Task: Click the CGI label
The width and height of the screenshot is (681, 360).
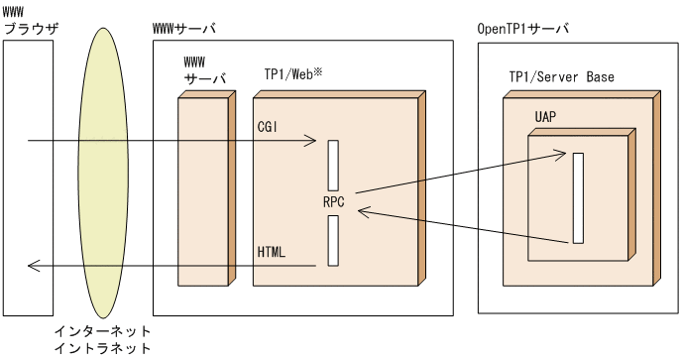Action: point(269,127)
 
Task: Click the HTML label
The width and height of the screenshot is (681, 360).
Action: point(271,252)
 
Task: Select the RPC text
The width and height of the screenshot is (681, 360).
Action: point(333,201)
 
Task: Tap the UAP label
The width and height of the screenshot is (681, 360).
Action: point(545,117)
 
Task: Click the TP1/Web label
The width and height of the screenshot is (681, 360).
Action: point(287,76)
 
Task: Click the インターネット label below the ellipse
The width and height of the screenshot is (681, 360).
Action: point(103,330)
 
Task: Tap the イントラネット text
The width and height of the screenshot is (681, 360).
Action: point(103,348)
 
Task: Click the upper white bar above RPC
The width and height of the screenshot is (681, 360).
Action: point(333,164)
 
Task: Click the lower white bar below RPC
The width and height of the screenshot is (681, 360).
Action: point(333,241)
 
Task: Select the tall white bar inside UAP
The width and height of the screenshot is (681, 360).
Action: point(577,198)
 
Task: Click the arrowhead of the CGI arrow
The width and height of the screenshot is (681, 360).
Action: point(311,142)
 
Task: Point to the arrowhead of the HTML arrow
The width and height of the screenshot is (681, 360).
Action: point(34,266)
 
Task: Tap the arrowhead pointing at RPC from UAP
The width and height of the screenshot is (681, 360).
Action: point(363,209)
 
